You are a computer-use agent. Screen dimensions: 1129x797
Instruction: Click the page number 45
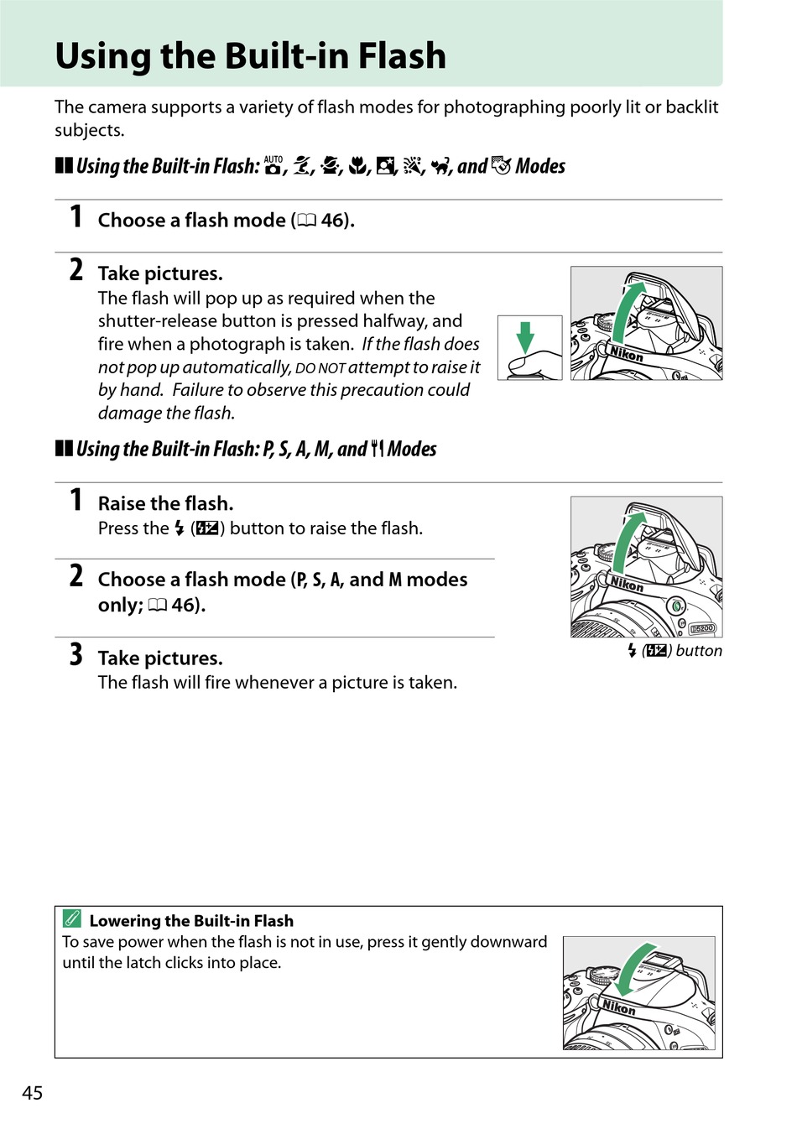click(32, 1092)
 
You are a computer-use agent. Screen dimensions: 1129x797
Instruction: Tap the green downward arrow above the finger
click(525, 336)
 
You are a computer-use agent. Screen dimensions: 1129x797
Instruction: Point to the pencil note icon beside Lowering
click(72, 918)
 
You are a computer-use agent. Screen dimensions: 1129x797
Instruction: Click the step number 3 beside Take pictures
click(76, 654)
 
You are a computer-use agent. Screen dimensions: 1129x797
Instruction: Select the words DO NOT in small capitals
click(320, 368)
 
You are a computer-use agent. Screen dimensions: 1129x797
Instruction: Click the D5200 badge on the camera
click(702, 627)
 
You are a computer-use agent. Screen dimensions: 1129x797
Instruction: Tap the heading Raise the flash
click(165, 503)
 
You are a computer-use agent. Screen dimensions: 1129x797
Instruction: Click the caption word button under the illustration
click(699, 651)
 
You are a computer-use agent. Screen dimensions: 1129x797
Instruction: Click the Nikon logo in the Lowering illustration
click(619, 1007)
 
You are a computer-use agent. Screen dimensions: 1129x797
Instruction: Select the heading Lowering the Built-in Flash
click(191, 920)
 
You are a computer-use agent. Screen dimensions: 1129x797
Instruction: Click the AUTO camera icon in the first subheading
click(273, 165)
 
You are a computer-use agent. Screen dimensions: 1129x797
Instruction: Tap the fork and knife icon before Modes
click(377, 449)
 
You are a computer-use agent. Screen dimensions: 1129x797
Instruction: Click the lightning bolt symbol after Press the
click(180, 528)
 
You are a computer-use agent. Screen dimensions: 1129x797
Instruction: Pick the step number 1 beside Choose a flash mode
click(76, 216)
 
